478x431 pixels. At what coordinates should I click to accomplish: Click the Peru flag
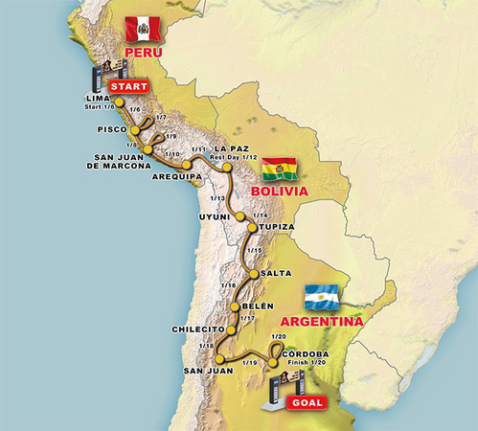144,27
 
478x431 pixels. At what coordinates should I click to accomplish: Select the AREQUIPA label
179,177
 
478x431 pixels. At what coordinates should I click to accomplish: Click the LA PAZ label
233,148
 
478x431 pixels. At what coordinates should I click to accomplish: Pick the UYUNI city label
214,217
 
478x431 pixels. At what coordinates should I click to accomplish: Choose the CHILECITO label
196,329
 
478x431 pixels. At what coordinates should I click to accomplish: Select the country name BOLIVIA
278,192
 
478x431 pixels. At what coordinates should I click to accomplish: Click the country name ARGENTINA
321,322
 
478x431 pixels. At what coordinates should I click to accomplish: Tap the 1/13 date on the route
218,198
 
